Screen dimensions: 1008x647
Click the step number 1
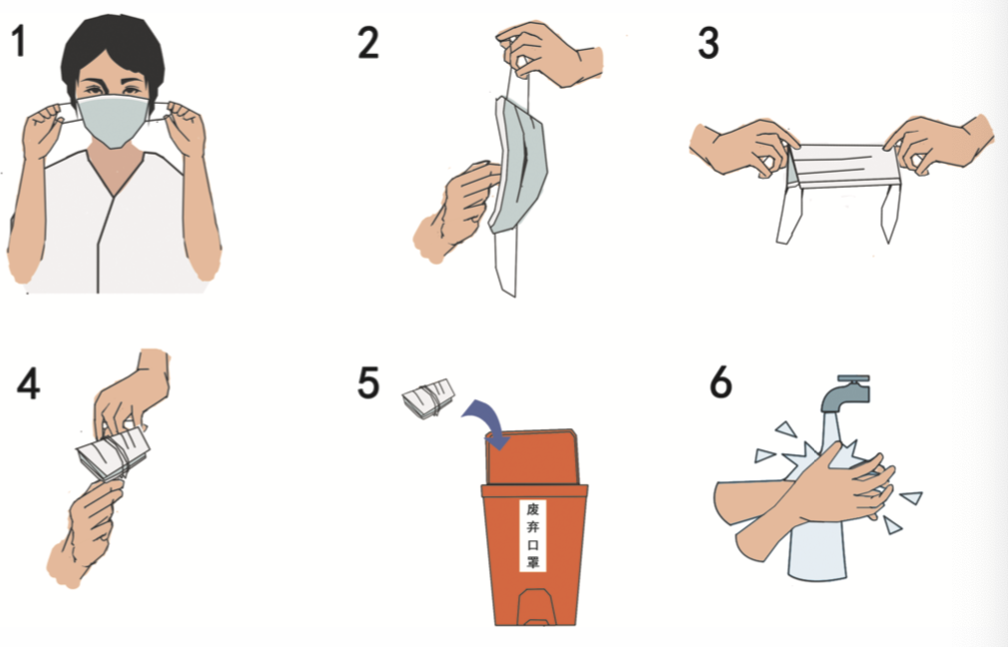(x=19, y=40)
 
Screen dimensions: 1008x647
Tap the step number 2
(x=367, y=43)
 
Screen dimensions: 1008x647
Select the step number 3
(x=708, y=43)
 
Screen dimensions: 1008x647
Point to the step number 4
(x=28, y=384)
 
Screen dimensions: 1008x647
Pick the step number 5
(x=367, y=382)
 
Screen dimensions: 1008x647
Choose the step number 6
(x=720, y=382)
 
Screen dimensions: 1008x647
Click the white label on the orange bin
(x=533, y=535)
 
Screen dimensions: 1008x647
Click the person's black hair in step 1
(x=113, y=52)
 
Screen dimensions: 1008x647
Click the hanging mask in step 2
(x=518, y=166)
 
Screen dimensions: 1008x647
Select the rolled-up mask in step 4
(x=113, y=454)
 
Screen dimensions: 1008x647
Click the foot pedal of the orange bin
(x=535, y=606)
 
